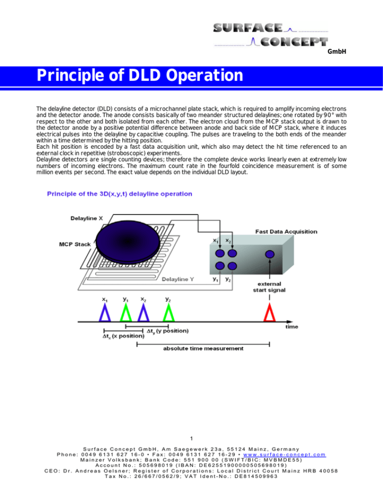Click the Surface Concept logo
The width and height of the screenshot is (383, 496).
(271, 35)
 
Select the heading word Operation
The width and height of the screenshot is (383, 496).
(203, 76)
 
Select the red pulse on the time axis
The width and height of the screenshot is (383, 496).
(269, 312)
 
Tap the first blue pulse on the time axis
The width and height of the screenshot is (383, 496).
(105, 312)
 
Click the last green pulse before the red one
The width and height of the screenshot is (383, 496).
(170, 312)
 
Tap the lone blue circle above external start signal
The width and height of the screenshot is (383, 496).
(269, 255)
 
